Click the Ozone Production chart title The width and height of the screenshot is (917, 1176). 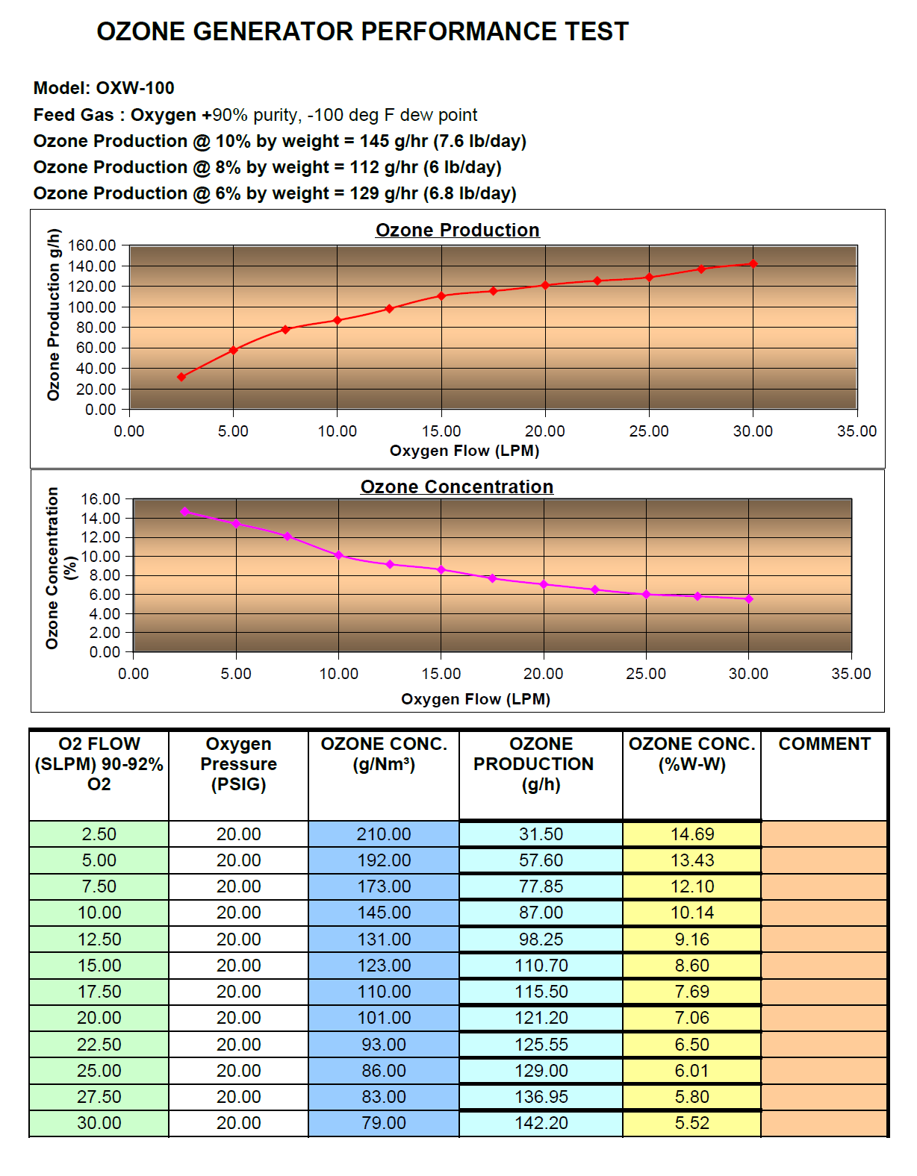(x=457, y=230)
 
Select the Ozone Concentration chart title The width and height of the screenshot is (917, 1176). (x=457, y=487)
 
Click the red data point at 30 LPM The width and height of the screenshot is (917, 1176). (x=753, y=263)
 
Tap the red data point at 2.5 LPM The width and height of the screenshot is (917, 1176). (x=181, y=377)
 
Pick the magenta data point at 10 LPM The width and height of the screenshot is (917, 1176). (x=339, y=555)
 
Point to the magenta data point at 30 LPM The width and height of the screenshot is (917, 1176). (x=749, y=598)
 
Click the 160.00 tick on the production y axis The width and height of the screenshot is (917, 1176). (x=93, y=245)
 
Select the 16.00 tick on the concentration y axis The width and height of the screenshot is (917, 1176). (x=100, y=498)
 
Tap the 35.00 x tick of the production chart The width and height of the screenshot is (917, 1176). (x=857, y=431)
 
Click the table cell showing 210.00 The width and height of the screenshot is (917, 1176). (x=384, y=834)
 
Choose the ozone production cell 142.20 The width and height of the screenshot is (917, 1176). (x=541, y=1123)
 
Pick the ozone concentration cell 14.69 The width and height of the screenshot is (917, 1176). (x=692, y=834)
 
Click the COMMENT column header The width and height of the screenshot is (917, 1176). (x=824, y=744)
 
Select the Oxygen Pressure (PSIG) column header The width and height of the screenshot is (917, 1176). (x=239, y=764)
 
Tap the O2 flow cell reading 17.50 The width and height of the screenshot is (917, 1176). (x=99, y=992)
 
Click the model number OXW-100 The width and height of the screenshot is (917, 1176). (x=135, y=88)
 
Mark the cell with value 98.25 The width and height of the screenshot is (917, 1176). (x=541, y=939)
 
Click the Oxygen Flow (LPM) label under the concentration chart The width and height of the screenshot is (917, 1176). (x=476, y=699)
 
